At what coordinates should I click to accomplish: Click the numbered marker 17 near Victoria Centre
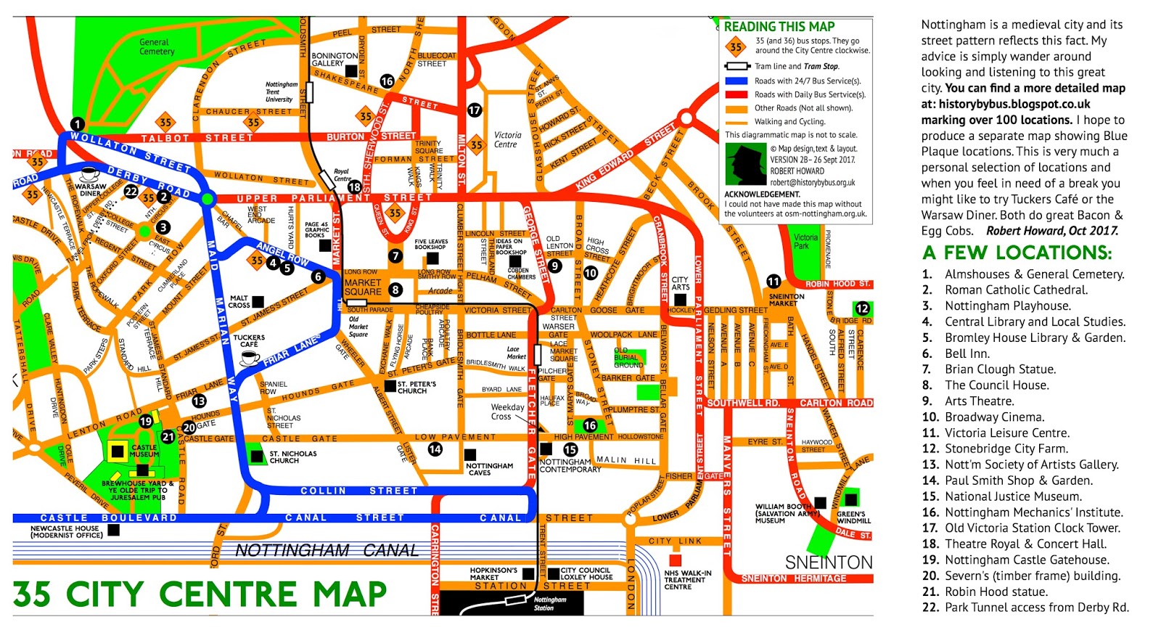(475, 110)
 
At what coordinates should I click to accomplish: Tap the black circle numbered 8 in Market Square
(395, 290)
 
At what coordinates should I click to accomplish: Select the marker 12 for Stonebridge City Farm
(862, 308)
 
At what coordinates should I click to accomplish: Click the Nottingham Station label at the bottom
(549, 604)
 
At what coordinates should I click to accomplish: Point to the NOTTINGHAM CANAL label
(327, 550)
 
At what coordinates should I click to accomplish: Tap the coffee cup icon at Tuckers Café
(250, 358)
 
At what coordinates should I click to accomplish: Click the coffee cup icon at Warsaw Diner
(90, 175)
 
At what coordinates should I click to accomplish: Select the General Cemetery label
(156, 47)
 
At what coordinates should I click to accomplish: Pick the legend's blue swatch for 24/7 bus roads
(737, 81)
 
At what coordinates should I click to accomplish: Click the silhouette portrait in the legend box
(746, 164)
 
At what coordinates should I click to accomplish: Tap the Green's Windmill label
(854, 517)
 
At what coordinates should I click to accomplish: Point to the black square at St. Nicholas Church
(256, 456)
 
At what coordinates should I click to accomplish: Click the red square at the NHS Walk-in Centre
(675, 560)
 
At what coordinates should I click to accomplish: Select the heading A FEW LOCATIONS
(1017, 253)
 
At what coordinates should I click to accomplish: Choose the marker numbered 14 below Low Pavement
(435, 449)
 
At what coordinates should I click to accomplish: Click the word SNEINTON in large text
(828, 562)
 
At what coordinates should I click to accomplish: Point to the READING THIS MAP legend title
(779, 27)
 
